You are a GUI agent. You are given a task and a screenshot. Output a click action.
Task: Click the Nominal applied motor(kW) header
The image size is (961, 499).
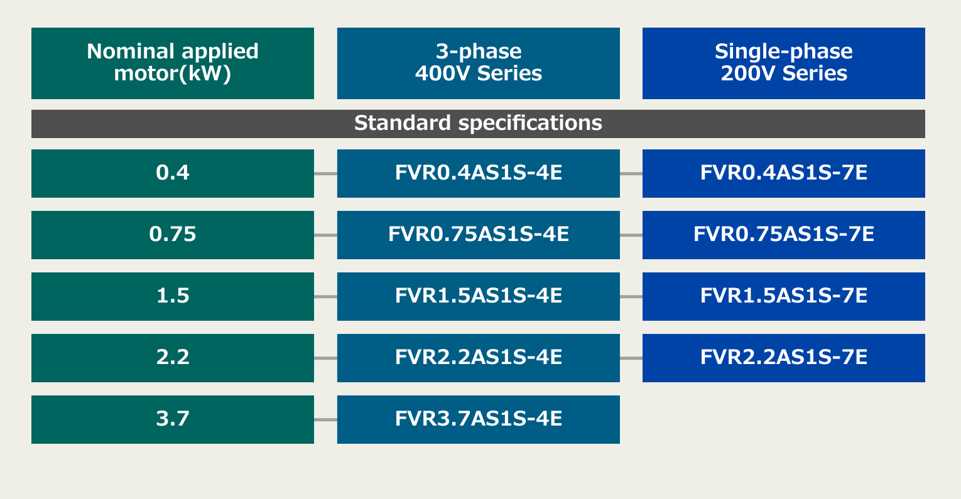[173, 63]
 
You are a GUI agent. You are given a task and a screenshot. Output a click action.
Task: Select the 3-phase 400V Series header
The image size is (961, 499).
[479, 63]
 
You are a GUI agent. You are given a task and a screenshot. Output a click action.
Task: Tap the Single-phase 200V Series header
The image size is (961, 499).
[784, 63]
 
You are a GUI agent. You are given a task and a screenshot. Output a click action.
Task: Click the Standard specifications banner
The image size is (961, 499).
[479, 124]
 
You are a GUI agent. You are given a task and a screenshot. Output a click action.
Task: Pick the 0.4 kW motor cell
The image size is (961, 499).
[173, 174]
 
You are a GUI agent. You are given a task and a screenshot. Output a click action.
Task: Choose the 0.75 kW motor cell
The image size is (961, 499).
[173, 235]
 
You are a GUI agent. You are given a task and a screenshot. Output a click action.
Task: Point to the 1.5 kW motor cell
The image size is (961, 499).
[173, 297]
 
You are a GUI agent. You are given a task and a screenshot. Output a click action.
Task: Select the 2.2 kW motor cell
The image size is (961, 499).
[173, 358]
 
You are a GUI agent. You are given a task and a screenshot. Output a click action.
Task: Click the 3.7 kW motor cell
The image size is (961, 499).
[173, 420]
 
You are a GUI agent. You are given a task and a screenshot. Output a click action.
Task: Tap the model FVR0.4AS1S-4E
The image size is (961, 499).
[479, 174]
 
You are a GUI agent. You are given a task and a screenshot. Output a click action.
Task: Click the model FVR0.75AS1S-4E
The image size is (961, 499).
[479, 235]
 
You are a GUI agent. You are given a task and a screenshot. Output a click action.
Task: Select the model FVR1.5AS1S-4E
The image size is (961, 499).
[479, 297]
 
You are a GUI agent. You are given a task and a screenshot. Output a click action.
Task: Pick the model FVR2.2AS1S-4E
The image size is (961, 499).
[479, 358]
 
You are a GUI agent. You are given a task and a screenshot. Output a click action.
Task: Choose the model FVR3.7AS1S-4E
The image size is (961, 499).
[479, 420]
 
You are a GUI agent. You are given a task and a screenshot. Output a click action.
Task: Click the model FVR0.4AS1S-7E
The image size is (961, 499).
[784, 174]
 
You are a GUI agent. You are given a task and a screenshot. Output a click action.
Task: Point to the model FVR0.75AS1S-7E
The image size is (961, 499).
[784, 235]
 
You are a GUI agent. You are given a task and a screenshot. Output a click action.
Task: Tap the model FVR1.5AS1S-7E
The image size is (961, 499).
[784, 297]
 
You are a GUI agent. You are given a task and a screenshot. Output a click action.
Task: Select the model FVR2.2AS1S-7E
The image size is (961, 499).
[784, 358]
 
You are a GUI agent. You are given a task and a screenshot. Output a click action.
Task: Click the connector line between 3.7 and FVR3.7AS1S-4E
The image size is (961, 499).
[325, 420]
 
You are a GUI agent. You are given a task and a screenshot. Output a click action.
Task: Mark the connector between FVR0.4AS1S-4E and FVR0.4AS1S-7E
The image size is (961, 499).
[631, 174]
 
